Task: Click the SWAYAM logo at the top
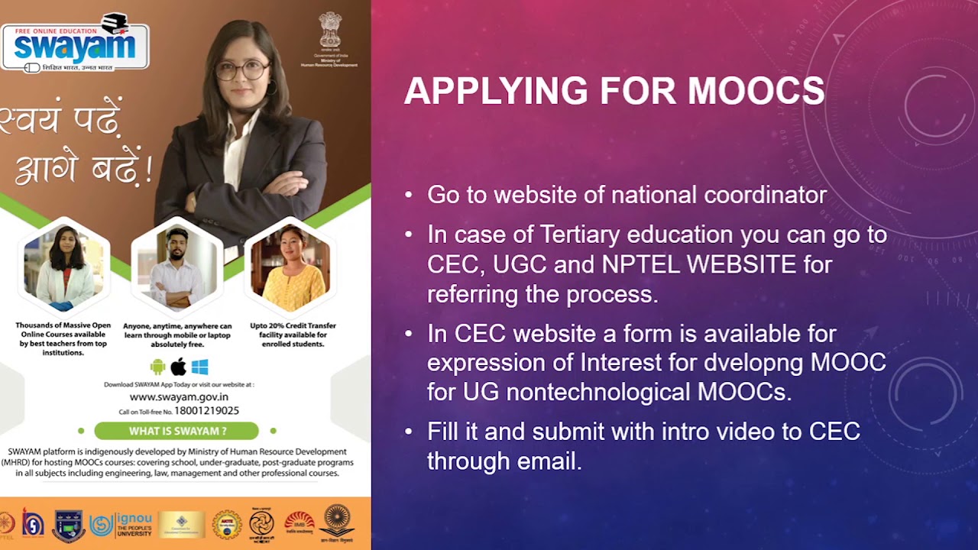(75, 44)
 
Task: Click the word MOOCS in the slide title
(756, 91)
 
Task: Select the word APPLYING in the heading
(496, 91)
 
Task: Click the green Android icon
(158, 367)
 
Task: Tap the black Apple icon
(179, 367)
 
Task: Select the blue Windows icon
(200, 367)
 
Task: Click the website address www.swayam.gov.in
(179, 396)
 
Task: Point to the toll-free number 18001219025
(206, 411)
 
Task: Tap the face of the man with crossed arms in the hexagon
(177, 245)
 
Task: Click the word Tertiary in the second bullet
(583, 234)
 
